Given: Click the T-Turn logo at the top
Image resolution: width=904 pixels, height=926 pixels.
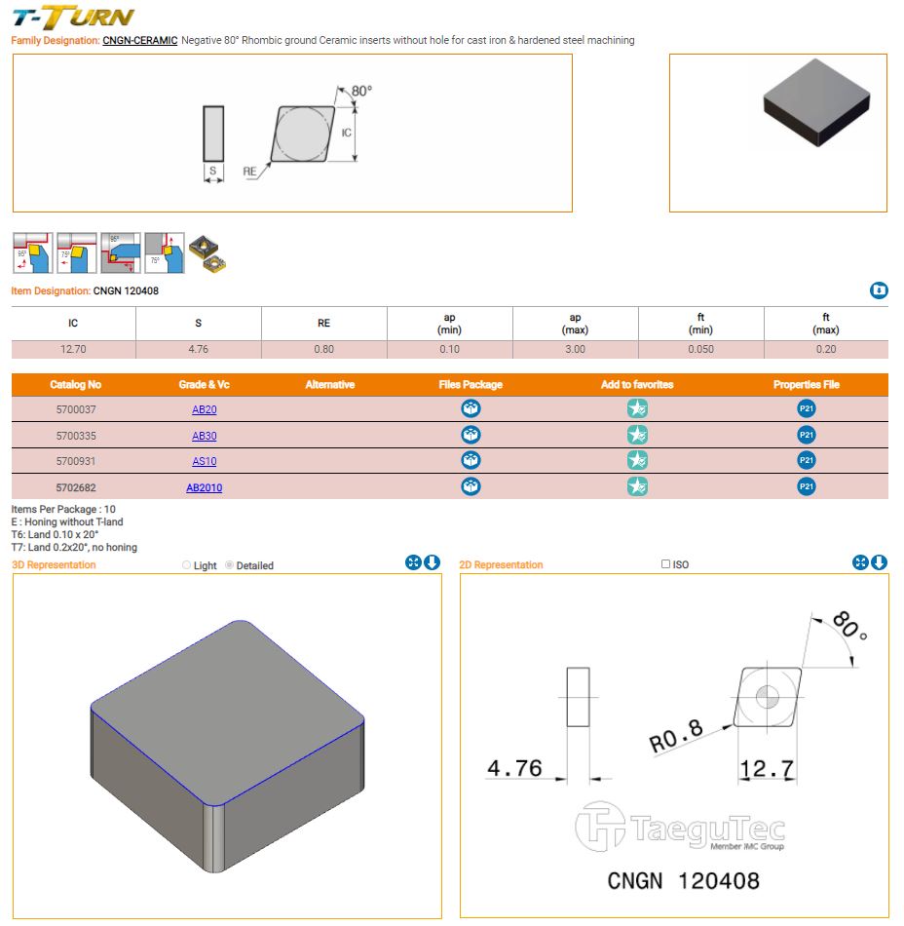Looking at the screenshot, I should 73,18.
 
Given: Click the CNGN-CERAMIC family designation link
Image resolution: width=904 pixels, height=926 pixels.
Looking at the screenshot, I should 139,41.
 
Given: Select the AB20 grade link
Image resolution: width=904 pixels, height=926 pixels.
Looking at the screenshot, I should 204,410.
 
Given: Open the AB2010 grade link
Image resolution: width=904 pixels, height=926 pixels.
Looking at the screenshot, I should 204,487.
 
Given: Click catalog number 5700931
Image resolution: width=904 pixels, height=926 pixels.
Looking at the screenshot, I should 75,461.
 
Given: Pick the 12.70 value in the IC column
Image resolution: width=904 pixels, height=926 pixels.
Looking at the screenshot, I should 73,349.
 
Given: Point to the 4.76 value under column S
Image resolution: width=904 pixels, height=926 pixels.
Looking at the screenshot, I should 198,349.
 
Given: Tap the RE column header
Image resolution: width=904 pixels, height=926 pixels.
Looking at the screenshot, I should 323,324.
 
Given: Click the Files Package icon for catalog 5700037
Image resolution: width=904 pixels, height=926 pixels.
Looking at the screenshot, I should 471,409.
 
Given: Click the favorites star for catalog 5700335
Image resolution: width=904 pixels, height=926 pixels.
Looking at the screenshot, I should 637,435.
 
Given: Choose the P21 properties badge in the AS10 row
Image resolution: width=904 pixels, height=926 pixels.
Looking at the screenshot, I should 806,461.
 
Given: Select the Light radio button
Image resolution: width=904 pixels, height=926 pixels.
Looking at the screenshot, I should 187,565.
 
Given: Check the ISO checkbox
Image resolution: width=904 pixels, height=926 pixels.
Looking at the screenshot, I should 665,564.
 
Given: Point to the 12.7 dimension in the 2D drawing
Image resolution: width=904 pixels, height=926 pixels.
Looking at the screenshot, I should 767,769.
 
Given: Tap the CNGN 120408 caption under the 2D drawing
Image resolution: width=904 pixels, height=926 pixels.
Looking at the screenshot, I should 683,881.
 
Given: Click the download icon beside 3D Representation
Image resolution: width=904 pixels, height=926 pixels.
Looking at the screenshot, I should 433,562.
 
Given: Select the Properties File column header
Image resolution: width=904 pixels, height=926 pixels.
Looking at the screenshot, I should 806,385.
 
